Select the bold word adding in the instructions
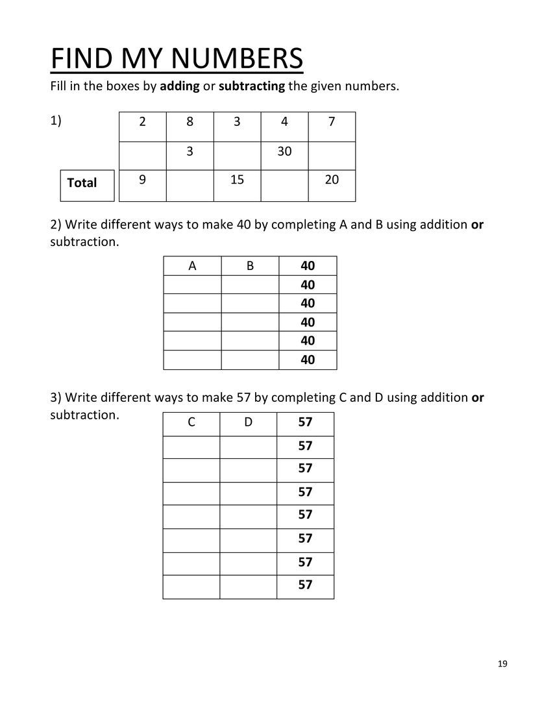[x=180, y=86]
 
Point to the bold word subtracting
[x=252, y=86]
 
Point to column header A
[x=192, y=265]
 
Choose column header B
[x=250, y=265]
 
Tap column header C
[x=191, y=423]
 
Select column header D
[x=248, y=423]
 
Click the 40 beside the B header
[x=308, y=265]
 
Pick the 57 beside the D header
[x=305, y=423]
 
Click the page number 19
[x=503, y=663]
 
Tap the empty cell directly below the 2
[x=142, y=155]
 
